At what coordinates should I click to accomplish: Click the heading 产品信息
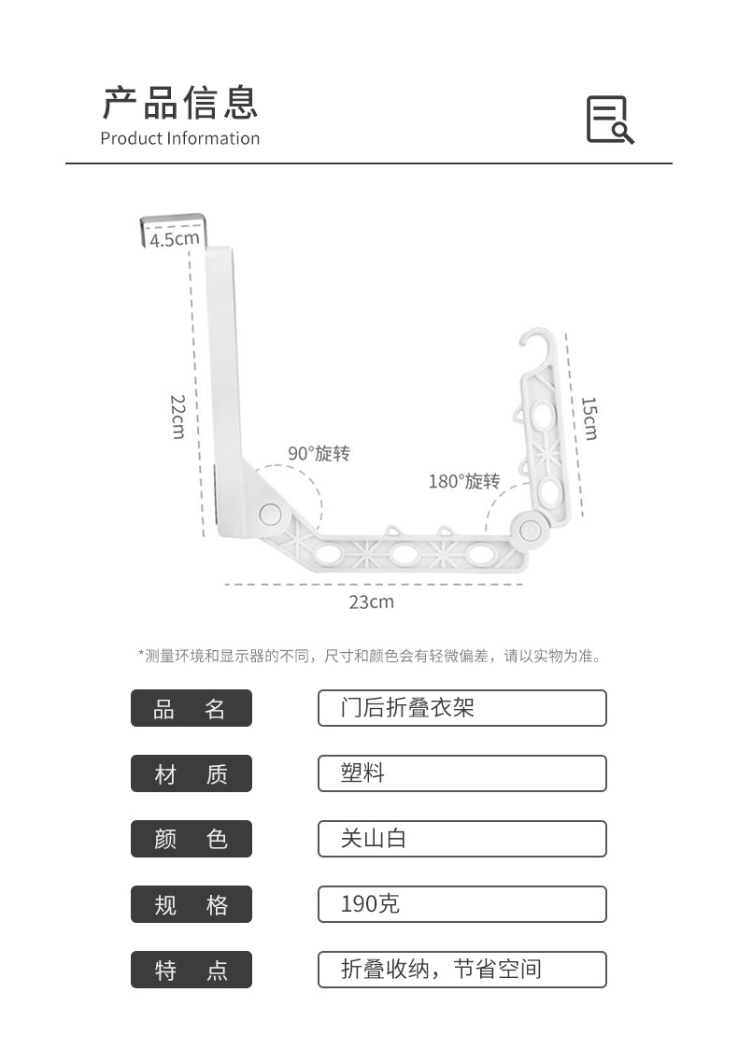(179, 102)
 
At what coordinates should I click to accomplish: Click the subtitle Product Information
(179, 138)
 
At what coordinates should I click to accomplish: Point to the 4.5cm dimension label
(175, 239)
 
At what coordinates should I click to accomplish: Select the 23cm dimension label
(372, 602)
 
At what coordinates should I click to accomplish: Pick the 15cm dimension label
(589, 418)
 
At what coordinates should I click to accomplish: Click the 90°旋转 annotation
(319, 454)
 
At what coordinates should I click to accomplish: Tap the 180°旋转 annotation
(464, 481)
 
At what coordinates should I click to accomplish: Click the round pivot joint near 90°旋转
(271, 513)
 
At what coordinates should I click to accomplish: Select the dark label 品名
(191, 708)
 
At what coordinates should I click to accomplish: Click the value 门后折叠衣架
(461, 708)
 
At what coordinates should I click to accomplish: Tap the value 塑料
(461, 773)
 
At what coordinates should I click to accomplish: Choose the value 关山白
(461, 839)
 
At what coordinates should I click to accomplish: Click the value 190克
(461, 904)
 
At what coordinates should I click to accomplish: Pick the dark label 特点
(191, 970)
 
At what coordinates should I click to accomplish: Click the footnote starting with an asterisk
(369, 656)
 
